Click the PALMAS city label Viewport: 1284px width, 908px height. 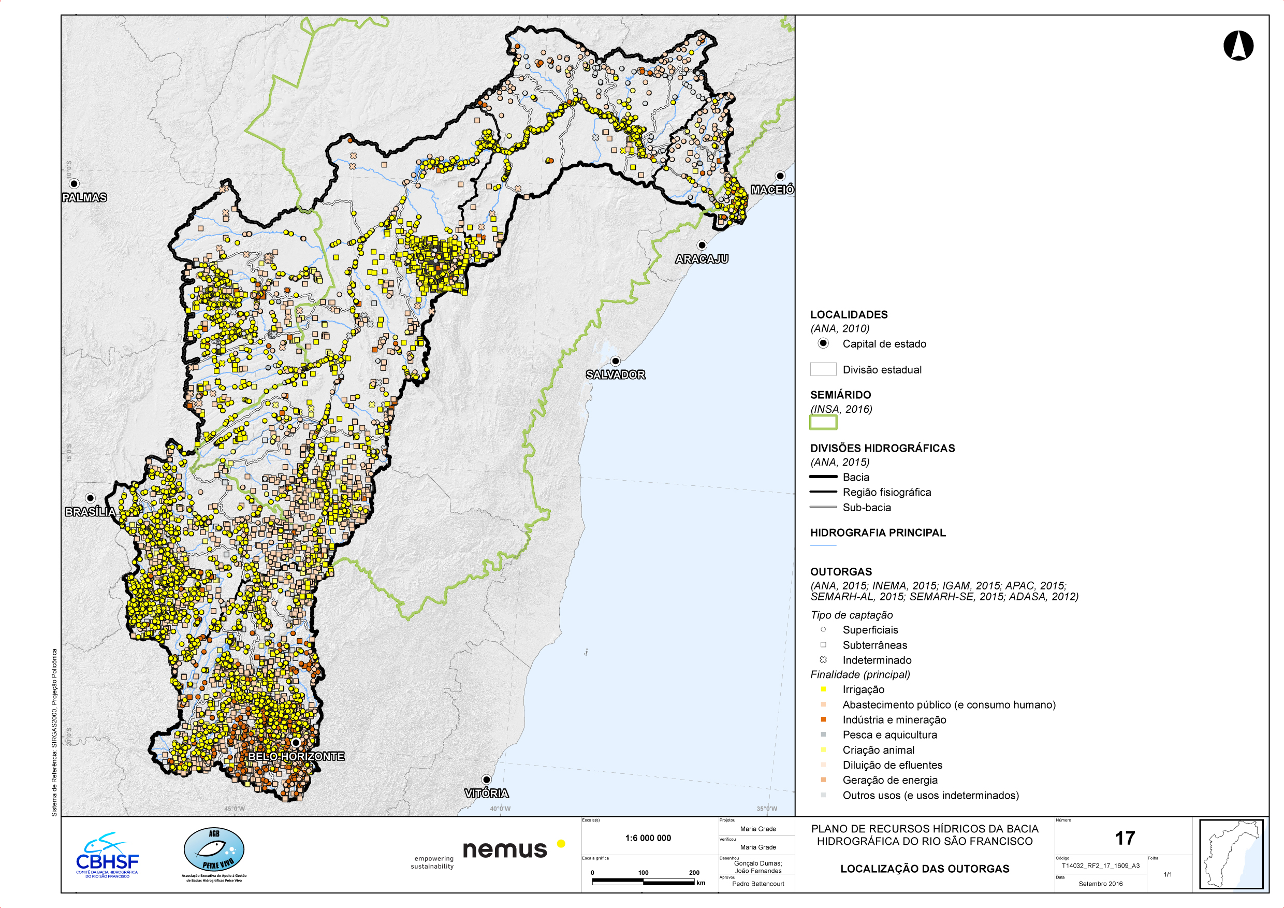click(x=84, y=197)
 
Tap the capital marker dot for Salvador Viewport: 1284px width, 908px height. click(x=615, y=361)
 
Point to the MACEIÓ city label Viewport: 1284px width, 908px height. click(x=772, y=190)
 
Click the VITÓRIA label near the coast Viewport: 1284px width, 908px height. click(x=487, y=794)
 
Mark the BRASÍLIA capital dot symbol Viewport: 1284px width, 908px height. click(x=90, y=498)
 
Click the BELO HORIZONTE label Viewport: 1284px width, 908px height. click(x=296, y=756)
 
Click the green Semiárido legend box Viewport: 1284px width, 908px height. click(x=823, y=422)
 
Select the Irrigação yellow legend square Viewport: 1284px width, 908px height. click(x=823, y=689)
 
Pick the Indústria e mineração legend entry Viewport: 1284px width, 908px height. click(x=894, y=720)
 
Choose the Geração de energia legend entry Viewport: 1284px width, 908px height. click(x=889, y=780)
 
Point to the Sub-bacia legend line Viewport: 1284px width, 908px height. click(x=823, y=508)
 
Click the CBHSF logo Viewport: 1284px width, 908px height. click(x=107, y=856)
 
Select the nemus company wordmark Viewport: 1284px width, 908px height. click(x=504, y=850)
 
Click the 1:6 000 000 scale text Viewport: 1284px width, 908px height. click(x=648, y=838)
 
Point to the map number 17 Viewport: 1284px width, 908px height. click(x=1125, y=838)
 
